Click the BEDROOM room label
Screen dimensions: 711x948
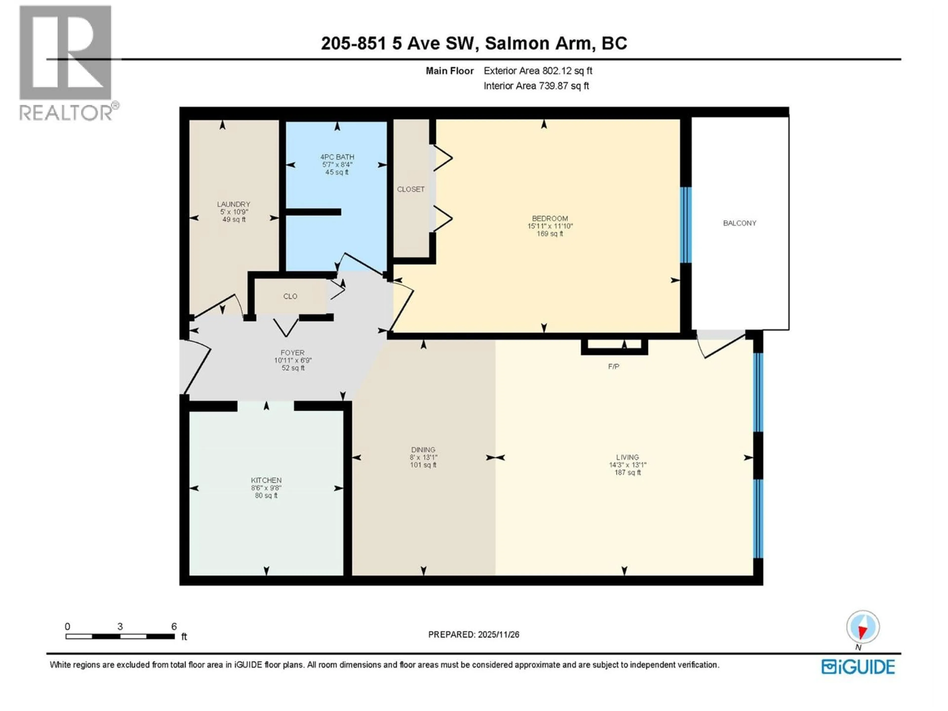coord(550,218)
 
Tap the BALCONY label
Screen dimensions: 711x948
coord(739,223)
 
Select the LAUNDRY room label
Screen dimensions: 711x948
coord(234,204)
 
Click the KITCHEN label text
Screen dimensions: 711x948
coord(266,480)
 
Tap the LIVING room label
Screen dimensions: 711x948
coord(627,457)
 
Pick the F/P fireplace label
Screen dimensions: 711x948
coord(613,366)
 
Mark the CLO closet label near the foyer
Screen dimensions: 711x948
coord(290,296)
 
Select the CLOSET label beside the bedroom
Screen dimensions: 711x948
coord(411,189)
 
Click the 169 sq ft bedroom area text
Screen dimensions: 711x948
coord(550,234)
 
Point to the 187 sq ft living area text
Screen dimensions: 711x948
coord(627,473)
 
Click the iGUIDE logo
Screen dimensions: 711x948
coord(858,667)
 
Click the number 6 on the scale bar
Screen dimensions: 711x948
coord(174,627)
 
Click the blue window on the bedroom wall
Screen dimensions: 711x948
coord(686,225)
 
